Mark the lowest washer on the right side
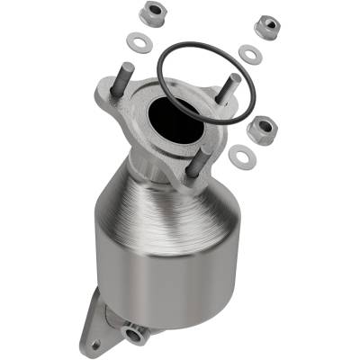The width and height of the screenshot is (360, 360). coord(240,156)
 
